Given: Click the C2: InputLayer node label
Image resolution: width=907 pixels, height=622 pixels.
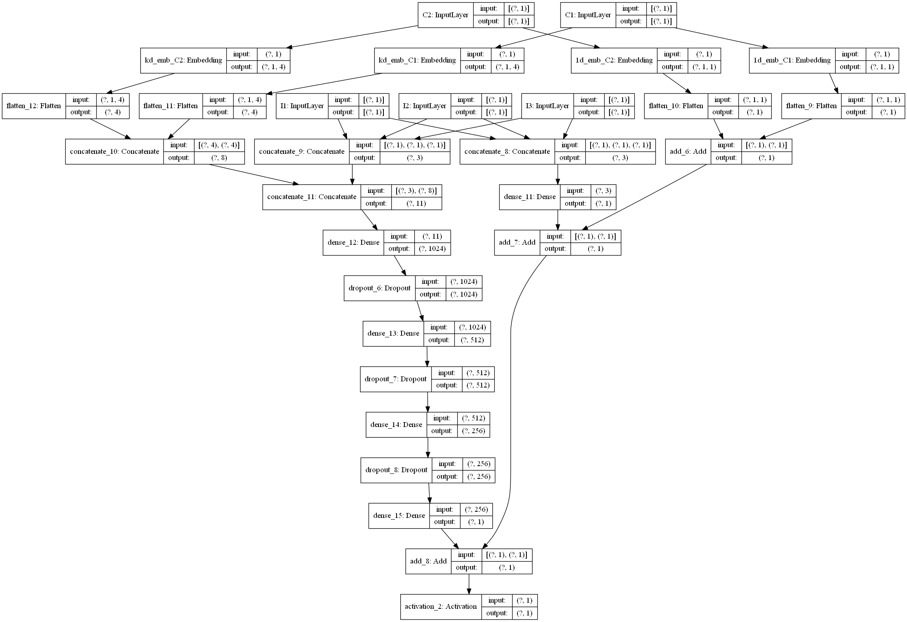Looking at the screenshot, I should point(445,15).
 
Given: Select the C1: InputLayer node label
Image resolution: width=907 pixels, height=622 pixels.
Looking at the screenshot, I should point(588,15).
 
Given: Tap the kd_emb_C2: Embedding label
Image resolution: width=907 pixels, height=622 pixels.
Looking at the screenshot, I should point(183,60).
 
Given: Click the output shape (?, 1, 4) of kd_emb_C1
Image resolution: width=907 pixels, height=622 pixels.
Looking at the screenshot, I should point(508,67).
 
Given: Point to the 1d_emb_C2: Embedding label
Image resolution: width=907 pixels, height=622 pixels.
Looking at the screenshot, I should point(614,60).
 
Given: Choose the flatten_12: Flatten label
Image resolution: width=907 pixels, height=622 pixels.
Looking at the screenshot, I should point(34,106).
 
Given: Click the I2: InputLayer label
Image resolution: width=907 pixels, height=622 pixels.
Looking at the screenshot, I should point(425,106).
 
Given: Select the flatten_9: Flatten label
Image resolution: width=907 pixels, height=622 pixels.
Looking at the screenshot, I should point(811,106).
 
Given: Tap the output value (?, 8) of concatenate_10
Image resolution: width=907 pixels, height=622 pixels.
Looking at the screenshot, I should point(219,158).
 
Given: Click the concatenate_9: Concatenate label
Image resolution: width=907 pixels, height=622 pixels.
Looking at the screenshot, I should point(302,152).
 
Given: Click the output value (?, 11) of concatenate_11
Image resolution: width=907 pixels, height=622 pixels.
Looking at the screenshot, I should point(416,204).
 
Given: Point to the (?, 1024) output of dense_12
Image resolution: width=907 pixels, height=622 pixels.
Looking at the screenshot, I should point(432,249).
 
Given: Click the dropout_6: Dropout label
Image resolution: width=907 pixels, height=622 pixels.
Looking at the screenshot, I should point(379,288).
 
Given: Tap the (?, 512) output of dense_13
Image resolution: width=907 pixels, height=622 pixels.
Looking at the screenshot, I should point(472,340).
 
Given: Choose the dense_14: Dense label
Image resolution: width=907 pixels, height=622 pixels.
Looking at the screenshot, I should point(396,425).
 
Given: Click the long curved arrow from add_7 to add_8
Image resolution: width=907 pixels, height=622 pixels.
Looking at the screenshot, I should point(510,370).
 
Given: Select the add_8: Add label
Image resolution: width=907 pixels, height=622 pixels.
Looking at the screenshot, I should point(428,562).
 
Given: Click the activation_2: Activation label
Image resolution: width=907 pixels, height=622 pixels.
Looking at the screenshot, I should point(441,607).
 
